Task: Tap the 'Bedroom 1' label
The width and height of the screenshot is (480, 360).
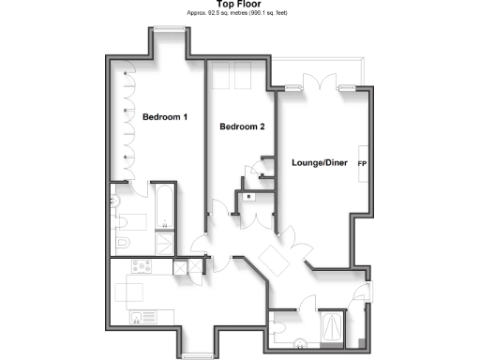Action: coord(165,117)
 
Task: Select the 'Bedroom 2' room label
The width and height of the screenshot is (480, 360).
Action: coord(243,127)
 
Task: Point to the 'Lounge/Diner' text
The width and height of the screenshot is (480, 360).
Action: coord(321,163)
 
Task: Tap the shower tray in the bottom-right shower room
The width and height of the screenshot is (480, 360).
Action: coord(331,327)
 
